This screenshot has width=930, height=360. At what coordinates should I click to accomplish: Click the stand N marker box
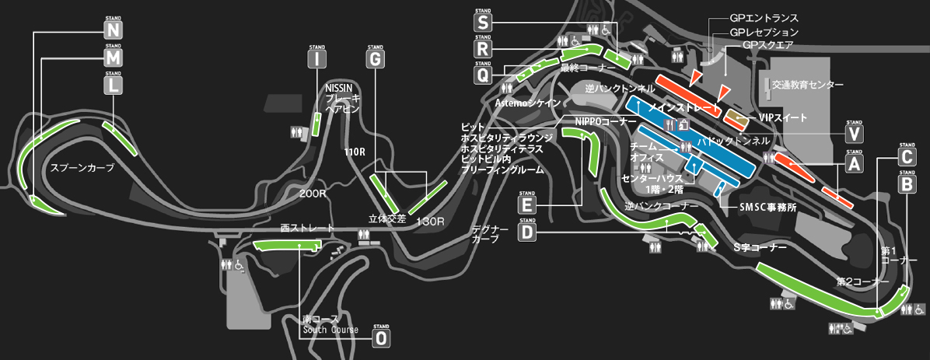point(114,30)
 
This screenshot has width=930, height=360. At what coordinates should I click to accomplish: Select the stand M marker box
point(114,58)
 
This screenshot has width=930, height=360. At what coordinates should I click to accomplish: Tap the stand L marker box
point(114,86)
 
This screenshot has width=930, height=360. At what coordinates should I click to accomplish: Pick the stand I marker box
point(317,59)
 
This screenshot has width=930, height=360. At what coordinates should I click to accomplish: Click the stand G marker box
point(375,59)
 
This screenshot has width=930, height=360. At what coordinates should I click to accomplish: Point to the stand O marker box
point(380,338)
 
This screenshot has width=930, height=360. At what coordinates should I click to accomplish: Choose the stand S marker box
point(483,22)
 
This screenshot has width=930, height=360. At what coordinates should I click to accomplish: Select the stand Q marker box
point(483,75)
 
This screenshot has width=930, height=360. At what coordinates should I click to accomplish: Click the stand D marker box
point(527,232)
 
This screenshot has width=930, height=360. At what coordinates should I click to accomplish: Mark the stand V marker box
point(854,135)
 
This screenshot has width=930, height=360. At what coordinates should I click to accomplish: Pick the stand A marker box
point(854,164)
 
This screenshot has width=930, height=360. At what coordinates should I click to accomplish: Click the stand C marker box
point(907,157)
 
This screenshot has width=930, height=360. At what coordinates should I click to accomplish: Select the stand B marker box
point(907,184)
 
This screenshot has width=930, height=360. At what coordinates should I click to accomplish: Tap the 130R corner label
point(430,222)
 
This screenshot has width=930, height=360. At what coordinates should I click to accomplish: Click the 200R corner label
point(311,192)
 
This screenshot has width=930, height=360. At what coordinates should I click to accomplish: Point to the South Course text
point(330,330)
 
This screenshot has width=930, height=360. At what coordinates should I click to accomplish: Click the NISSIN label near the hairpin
point(340,88)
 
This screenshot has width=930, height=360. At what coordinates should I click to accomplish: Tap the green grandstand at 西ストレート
point(287,246)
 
